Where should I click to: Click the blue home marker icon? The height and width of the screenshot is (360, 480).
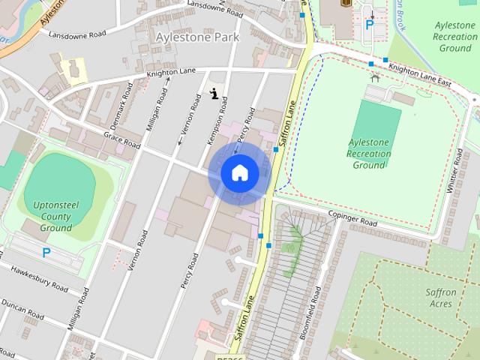[240, 172]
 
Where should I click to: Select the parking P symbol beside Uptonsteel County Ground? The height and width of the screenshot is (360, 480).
[46, 253]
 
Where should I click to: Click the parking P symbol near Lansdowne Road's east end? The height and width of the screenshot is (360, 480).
[369, 25]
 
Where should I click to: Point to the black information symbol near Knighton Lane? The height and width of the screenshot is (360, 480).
[214, 94]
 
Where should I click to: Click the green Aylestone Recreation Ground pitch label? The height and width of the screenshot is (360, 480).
[369, 153]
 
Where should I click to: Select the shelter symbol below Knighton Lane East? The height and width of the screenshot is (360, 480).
[375, 77]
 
